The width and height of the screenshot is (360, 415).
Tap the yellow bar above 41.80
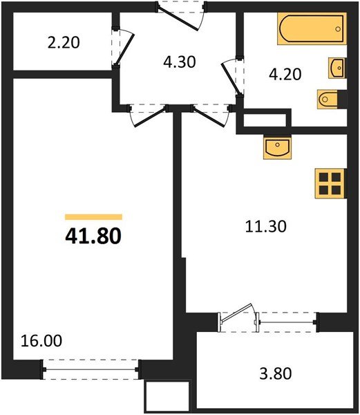pyautogui.click(x=93, y=216)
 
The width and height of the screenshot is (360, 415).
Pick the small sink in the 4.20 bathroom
pyautogui.click(x=337, y=68)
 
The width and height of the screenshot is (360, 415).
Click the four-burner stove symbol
pyautogui.click(x=330, y=183)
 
